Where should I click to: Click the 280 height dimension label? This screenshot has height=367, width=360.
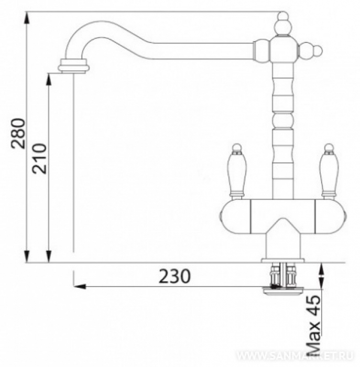18,133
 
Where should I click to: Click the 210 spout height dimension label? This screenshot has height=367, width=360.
39,159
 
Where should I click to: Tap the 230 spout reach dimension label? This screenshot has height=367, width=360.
174,276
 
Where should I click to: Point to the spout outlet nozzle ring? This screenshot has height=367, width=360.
74,66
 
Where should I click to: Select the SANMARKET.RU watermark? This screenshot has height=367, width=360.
294,356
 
